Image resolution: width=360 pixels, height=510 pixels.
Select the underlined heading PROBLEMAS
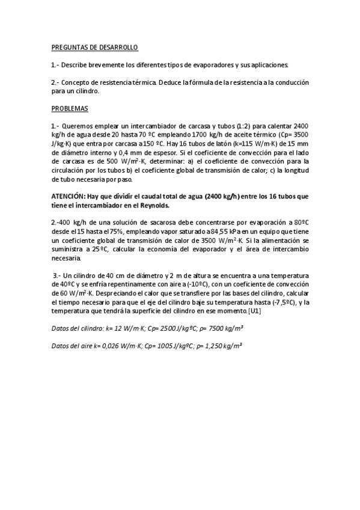(69, 108)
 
